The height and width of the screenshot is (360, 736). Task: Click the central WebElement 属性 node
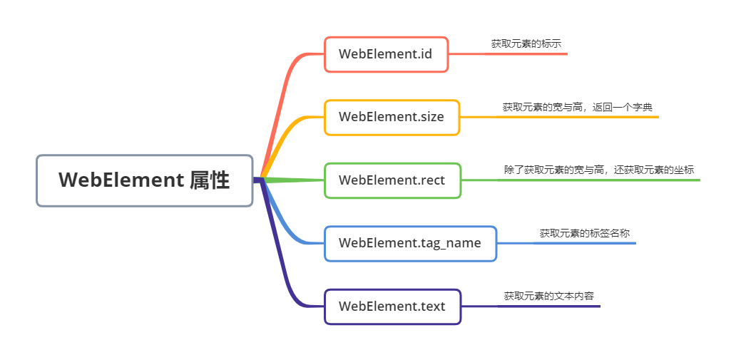click(x=145, y=180)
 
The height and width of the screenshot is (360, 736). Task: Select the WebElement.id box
click(x=386, y=54)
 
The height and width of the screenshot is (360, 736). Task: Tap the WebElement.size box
click(x=392, y=117)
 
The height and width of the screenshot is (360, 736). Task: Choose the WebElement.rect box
click(x=392, y=180)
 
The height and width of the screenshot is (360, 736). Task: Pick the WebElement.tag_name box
click(x=410, y=243)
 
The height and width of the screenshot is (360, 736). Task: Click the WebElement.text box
click(x=392, y=307)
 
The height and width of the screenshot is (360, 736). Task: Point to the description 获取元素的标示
click(x=526, y=44)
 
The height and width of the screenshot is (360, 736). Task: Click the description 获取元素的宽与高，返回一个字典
click(x=577, y=107)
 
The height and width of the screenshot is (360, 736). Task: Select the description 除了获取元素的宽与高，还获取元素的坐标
click(x=599, y=170)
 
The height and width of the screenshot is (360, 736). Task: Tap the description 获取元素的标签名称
click(x=584, y=233)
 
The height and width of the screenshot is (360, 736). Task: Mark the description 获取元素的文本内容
click(x=549, y=296)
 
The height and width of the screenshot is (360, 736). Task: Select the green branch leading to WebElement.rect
click(x=296, y=179)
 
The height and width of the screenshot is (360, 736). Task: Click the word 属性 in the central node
click(x=210, y=180)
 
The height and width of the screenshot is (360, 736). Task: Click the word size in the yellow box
click(x=431, y=117)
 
